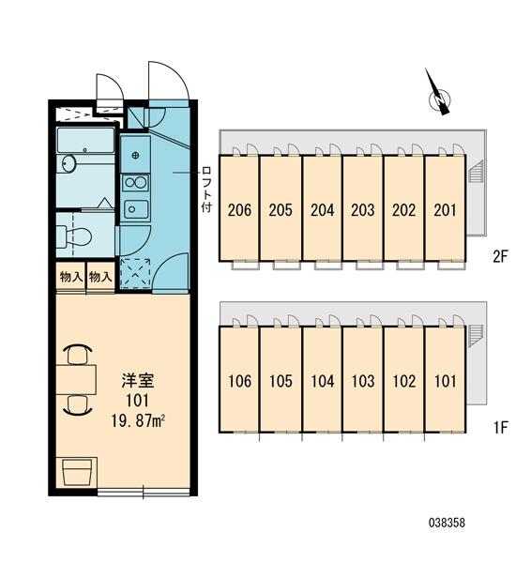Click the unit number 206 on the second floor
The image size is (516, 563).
(x=239, y=210)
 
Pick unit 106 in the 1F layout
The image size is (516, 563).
(x=239, y=381)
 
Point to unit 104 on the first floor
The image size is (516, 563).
(x=322, y=381)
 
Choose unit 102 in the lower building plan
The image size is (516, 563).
(x=404, y=381)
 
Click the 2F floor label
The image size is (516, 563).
(x=501, y=256)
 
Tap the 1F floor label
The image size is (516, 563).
(x=501, y=427)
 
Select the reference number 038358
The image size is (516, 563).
(x=447, y=523)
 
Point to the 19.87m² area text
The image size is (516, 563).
(x=138, y=420)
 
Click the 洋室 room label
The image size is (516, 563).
(x=138, y=381)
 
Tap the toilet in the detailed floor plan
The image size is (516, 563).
(x=74, y=236)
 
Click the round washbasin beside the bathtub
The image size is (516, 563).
(x=68, y=163)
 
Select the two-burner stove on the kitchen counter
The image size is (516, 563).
(x=135, y=183)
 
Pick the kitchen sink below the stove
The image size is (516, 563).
(x=136, y=209)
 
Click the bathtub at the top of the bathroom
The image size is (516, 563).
(x=85, y=141)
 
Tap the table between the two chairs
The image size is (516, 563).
(x=76, y=379)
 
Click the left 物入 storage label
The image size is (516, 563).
(x=71, y=277)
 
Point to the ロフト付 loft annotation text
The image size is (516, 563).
(x=206, y=190)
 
